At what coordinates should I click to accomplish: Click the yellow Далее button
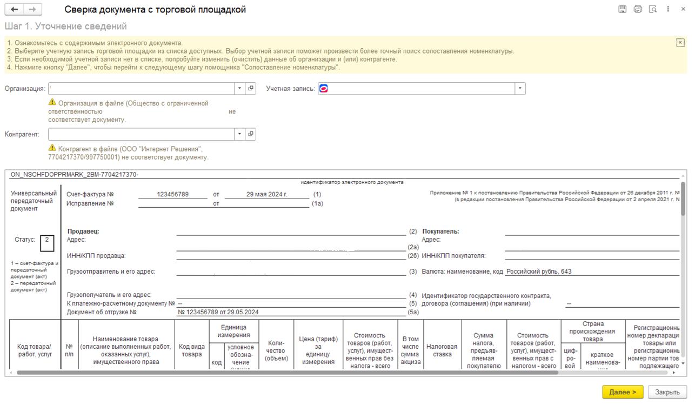[623, 392]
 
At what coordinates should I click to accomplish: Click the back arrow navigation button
[14, 10]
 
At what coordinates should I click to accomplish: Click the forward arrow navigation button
[32, 10]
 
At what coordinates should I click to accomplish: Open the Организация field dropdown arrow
[239, 88]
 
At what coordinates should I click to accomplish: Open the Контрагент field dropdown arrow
[239, 134]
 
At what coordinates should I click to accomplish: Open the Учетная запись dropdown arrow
[519, 88]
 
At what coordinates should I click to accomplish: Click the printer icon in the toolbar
[638, 9]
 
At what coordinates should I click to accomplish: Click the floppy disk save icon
[623, 9]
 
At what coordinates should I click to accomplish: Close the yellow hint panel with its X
[680, 43]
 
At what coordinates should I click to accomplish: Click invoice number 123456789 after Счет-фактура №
[172, 194]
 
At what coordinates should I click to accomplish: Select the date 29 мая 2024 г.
[266, 194]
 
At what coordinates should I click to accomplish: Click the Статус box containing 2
[47, 243]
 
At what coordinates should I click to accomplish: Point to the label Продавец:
[83, 231]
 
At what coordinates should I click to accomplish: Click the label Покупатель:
[440, 231]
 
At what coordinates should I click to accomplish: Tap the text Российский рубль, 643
[538, 271]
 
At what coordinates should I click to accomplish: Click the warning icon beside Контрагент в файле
[52, 148]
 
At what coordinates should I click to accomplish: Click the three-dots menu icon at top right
[668, 9]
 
